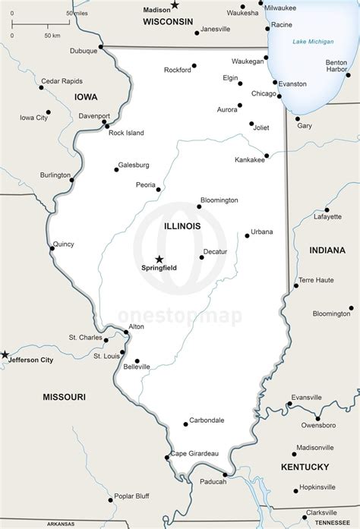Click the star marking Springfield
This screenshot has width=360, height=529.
[x=159, y=259]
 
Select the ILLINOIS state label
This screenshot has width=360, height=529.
[x=182, y=226]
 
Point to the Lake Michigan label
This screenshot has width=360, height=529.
[x=313, y=41]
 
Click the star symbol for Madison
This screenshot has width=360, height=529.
[x=175, y=5]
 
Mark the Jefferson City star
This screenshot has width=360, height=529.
[x=5, y=354]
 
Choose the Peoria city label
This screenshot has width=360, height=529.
[x=145, y=184]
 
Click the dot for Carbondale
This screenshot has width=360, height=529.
[x=185, y=424]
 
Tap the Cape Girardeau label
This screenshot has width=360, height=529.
[x=194, y=453]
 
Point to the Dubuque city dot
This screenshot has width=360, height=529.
[x=101, y=49]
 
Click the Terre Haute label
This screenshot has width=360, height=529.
[x=316, y=280]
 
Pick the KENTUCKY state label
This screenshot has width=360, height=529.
[x=305, y=467]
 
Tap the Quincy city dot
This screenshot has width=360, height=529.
[x=52, y=247]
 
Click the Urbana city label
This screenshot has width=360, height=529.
[x=262, y=231]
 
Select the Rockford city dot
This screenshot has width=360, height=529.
[x=194, y=66]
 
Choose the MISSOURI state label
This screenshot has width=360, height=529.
[x=64, y=397]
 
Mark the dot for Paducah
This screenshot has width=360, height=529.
[x=225, y=474]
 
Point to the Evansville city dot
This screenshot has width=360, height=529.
[x=289, y=403]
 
